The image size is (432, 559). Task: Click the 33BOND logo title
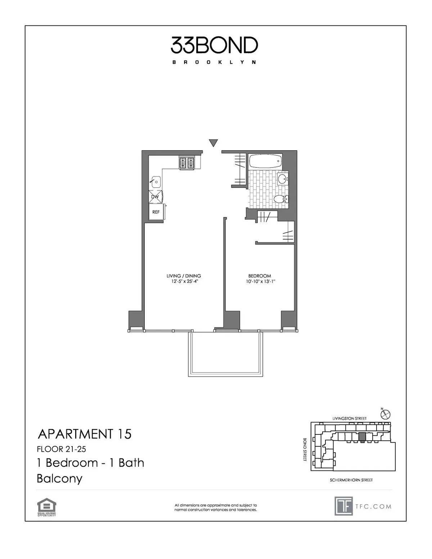click(214, 45)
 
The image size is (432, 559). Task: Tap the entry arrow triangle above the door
click(213, 143)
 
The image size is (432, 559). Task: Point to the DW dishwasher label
click(155, 197)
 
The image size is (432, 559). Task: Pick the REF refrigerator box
click(156, 212)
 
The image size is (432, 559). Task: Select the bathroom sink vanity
click(283, 178)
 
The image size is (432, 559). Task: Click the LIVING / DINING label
click(184, 276)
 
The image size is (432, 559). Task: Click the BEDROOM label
click(260, 276)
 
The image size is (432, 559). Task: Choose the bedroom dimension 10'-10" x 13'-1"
click(261, 281)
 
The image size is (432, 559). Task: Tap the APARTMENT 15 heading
click(85, 434)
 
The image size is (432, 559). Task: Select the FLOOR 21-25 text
click(61, 449)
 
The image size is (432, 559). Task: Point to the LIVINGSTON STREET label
click(349, 418)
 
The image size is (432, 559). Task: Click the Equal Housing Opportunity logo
click(46, 507)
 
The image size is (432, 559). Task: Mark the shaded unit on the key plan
click(362, 437)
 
